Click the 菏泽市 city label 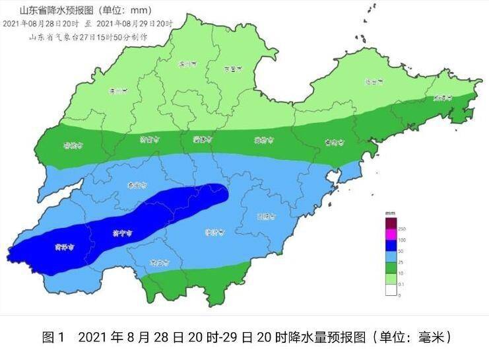pyautogui.click(x=64, y=248)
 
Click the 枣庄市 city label pyautogui.click(x=159, y=263)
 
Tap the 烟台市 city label pyautogui.click(x=374, y=83)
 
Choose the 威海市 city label pyautogui.click(x=442, y=98)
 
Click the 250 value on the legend pyautogui.click(x=403, y=227)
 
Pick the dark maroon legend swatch pyautogui.click(x=391, y=222)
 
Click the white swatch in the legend pyautogui.click(x=391, y=289)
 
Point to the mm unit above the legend pyautogui.click(x=391, y=213)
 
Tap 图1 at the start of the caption pyautogui.click(x=53, y=338)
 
